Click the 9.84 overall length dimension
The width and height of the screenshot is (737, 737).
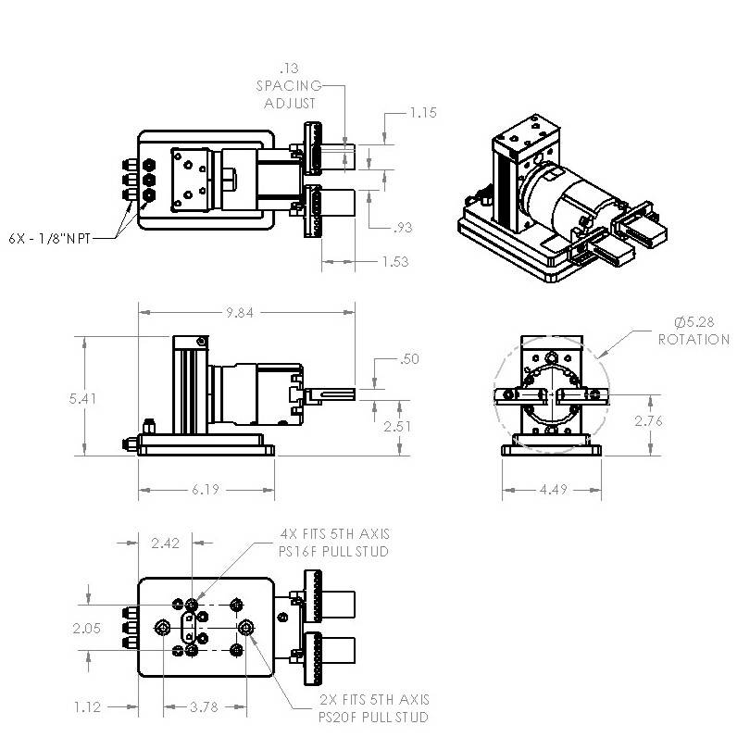pos(240,313)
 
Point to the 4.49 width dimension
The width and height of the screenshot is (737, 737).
pos(552,489)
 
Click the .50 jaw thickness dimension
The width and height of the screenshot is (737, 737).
pos(406,359)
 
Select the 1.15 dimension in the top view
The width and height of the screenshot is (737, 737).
pos(422,113)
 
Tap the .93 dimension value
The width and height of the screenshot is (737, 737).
pos(401,228)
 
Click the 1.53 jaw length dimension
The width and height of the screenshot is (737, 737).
pos(394,262)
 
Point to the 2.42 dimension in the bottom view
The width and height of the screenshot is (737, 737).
pos(166,543)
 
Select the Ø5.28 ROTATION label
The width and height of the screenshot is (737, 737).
pos(693,331)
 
